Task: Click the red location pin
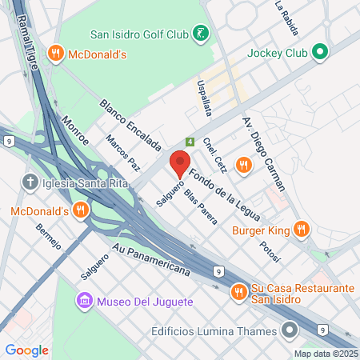click(x=179, y=162)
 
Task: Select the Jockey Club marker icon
click(x=320, y=53)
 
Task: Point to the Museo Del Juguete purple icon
click(x=84, y=302)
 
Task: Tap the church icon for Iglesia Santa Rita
click(x=30, y=182)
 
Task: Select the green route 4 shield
click(x=190, y=141)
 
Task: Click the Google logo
click(x=26, y=350)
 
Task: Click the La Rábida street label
click(x=286, y=18)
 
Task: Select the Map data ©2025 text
click(x=326, y=353)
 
